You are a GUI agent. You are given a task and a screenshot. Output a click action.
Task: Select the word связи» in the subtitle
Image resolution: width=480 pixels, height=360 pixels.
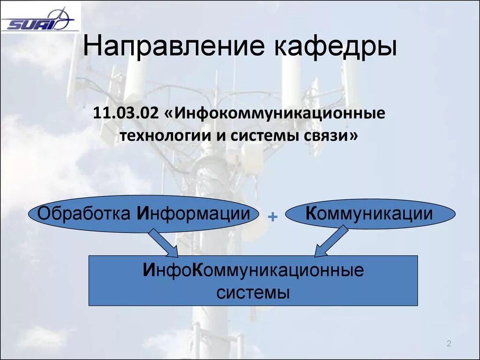[330, 136]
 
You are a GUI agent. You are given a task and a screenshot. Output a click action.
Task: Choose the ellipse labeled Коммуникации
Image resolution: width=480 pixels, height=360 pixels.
[370, 214]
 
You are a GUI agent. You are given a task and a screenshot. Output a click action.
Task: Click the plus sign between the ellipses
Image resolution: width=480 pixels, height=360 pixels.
[272, 216]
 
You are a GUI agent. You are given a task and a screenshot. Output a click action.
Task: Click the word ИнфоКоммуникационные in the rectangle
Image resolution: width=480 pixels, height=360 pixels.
[253, 271]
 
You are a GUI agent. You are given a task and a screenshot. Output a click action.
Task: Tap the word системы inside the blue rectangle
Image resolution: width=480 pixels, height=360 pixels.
[253, 293]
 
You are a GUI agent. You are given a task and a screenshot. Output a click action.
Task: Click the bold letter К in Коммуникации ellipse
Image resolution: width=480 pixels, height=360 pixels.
[311, 214]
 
